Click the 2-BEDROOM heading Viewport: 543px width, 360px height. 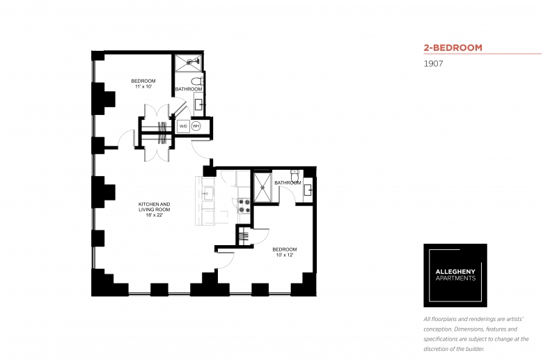(453, 48)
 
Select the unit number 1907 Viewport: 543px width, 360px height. (433, 63)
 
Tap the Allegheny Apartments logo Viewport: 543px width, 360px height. (455, 276)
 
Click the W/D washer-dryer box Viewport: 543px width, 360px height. (182, 126)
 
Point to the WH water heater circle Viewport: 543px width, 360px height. (196, 126)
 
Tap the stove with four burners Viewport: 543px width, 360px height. (244, 205)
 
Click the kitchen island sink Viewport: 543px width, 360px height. (207, 194)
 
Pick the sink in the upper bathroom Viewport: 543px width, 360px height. (199, 104)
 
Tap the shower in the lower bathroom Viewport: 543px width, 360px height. (264, 186)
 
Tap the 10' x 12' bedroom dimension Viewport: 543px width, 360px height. (284, 255)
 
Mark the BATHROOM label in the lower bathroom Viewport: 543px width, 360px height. (287, 183)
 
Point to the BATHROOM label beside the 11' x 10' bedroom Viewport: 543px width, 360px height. (189, 89)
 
